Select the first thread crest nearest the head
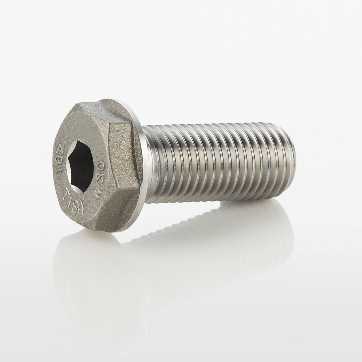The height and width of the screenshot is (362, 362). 159,170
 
